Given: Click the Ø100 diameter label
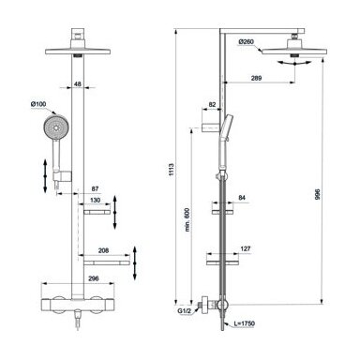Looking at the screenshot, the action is pos(38,104).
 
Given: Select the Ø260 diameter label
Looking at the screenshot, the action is pos(247,41).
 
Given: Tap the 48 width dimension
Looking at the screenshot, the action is pos(78,83).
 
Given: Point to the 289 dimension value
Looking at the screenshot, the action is pos(256,78).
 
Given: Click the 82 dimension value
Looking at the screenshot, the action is pos(212,105).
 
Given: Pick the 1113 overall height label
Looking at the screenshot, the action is pos(171,169).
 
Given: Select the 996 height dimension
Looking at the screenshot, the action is pos(318,194).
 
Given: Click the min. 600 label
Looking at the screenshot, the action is pos(187,219).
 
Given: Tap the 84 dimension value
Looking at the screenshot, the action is pos(242,198).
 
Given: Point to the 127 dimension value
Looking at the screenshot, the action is pos(246,249).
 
